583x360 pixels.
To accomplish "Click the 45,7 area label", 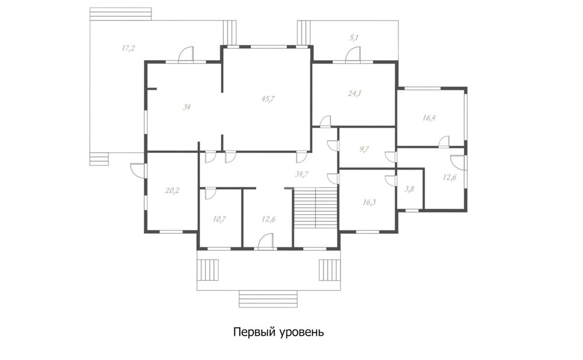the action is pyautogui.click(x=268, y=99).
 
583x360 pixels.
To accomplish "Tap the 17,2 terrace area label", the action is pyautogui.click(x=128, y=48).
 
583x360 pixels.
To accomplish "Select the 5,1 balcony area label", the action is pyautogui.click(x=354, y=37).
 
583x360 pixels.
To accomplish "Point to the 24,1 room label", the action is pyautogui.click(x=354, y=93).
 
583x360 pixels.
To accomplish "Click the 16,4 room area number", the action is pyautogui.click(x=429, y=118).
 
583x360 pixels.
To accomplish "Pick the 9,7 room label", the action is pyautogui.click(x=364, y=149).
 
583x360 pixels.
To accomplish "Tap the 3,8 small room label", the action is pyautogui.click(x=409, y=189).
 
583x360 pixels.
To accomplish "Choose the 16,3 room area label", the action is pyautogui.click(x=369, y=202).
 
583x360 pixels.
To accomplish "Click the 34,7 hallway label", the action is pyautogui.click(x=301, y=173).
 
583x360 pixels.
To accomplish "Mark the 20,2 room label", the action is pyautogui.click(x=172, y=191).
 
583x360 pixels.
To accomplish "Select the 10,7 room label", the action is pyautogui.click(x=219, y=219).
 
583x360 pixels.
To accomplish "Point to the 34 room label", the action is pyautogui.click(x=187, y=107).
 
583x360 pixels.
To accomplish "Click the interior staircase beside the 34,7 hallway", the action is pyautogui.click(x=315, y=208).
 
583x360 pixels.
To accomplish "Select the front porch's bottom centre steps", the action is pyautogui.click(x=268, y=299).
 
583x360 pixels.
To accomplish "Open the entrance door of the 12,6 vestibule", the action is pyautogui.click(x=266, y=241).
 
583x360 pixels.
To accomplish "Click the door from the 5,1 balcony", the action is pyautogui.click(x=353, y=54).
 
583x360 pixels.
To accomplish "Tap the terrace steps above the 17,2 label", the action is pyautogui.click(x=121, y=14).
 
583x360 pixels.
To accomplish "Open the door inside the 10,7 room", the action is pyautogui.click(x=210, y=194).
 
